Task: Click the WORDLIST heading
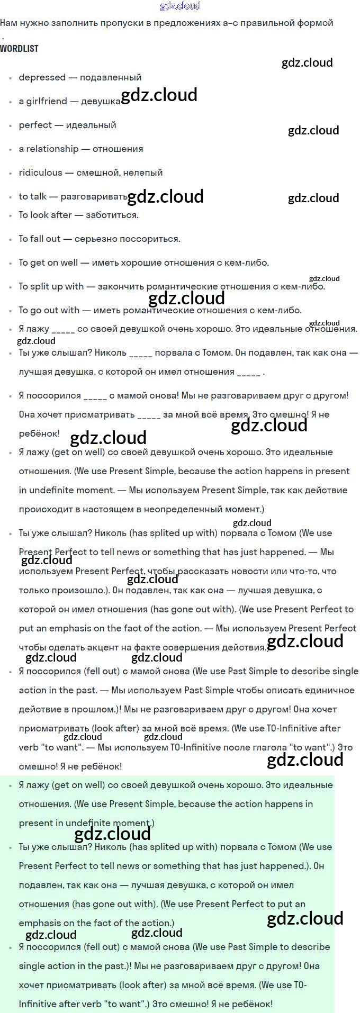pos(19,49)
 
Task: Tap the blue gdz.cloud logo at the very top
pos(180,6)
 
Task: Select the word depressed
pos(42,77)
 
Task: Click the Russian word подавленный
pos(111,77)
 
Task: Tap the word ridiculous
pos(40,173)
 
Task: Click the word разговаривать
pos(94,196)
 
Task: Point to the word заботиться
pos(112,215)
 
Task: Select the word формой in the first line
pos(316,23)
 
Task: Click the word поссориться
pos(149,239)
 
